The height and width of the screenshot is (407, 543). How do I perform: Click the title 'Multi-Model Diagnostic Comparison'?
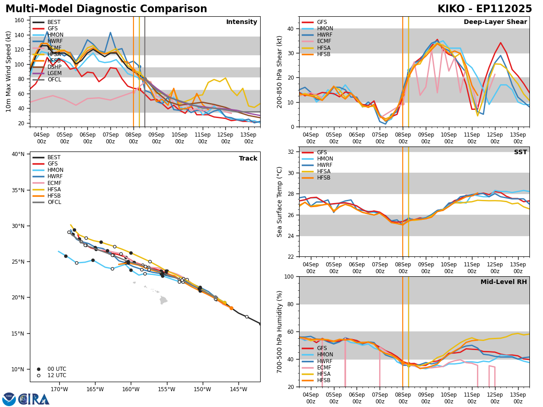tap(106, 9)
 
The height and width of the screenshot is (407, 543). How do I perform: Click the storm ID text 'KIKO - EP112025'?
tap(485, 9)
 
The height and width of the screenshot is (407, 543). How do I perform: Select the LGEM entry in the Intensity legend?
tap(54, 73)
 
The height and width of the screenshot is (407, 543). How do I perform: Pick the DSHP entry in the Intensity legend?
tap(54, 67)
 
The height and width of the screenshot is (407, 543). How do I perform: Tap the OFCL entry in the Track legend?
tap(54, 202)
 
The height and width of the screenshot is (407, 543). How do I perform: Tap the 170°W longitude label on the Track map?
tap(59, 389)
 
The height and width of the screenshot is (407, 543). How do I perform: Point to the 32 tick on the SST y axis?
tap(291, 152)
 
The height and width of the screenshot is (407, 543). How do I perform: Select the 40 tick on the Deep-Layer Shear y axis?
tap(291, 28)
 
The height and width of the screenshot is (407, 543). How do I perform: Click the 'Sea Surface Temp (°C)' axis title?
tap(280, 202)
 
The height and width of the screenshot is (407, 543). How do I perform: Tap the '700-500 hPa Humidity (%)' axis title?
tap(280, 331)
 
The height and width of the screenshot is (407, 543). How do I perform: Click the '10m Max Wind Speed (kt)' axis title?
tap(9, 71)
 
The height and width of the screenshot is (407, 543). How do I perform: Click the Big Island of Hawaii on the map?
tap(163, 300)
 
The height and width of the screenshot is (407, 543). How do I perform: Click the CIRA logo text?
tap(34, 399)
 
